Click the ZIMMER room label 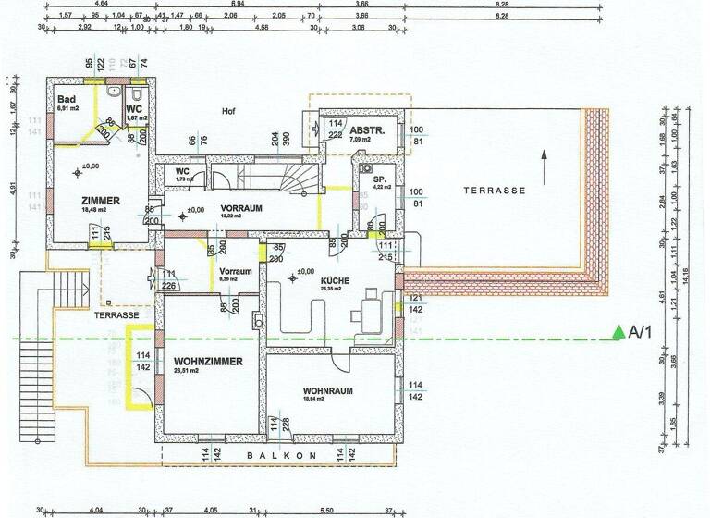(x=101, y=200)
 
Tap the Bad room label (x=67, y=99)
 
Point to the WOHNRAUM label (x=328, y=391)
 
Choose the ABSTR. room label (x=367, y=130)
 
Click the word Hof (x=228, y=111)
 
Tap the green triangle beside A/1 (x=617, y=332)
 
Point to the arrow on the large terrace (x=545, y=166)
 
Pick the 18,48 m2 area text (x=99, y=210)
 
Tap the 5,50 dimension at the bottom (x=325, y=510)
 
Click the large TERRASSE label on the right (x=495, y=190)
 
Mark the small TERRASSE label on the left (x=116, y=315)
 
